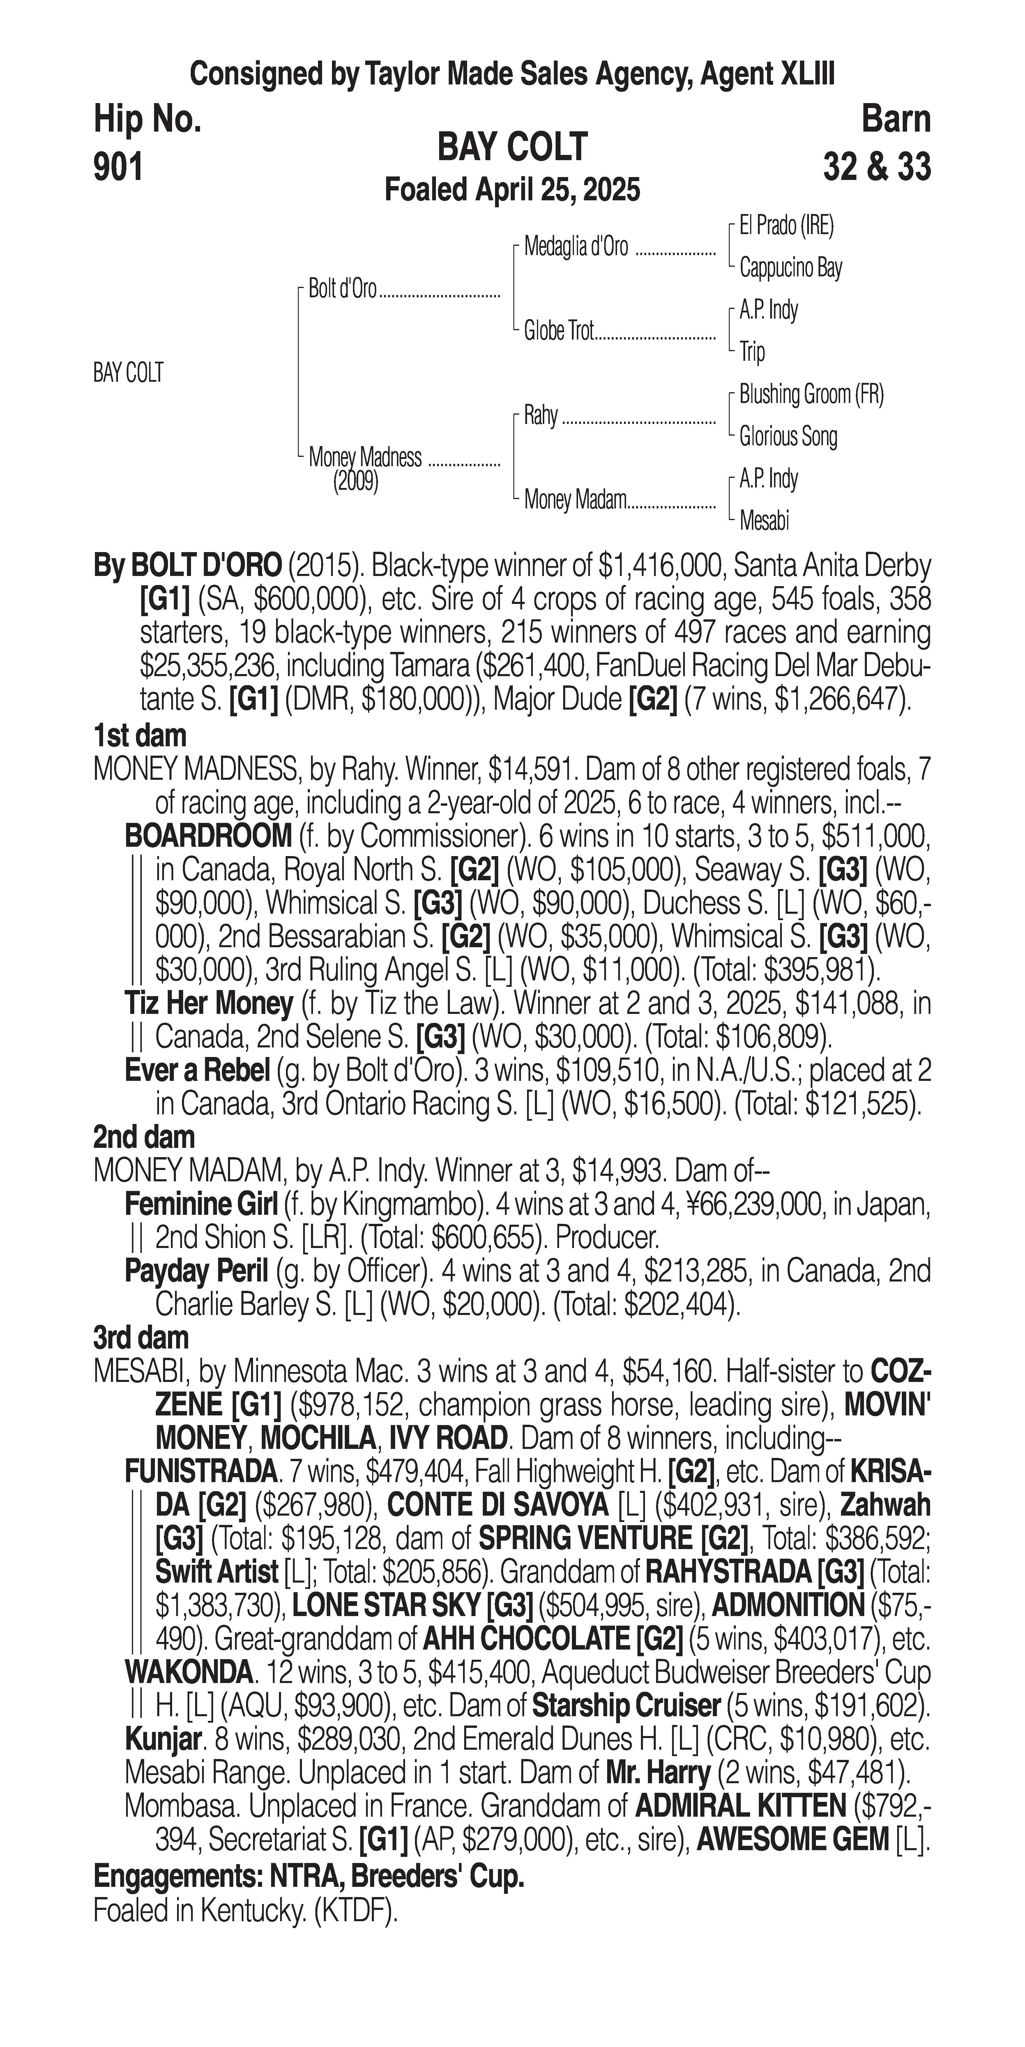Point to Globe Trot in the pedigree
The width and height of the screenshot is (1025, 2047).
coord(559,331)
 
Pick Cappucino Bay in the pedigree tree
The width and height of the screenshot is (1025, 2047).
coord(790,268)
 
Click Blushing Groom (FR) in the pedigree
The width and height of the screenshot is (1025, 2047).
coord(810,394)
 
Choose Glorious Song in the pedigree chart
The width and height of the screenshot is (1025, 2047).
coord(787,436)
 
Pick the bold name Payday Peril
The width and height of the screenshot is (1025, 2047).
coord(196,1271)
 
